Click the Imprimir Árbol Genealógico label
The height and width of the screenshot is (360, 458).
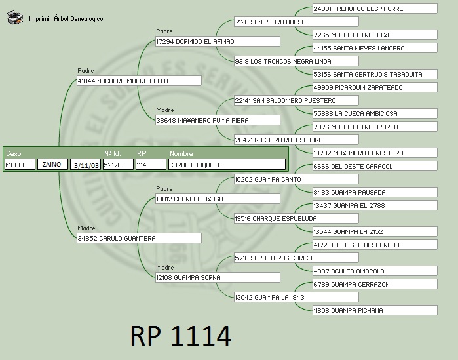click(66, 19)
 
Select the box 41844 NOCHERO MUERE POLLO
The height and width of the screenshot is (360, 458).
click(138, 81)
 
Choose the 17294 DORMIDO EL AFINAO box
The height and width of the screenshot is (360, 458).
click(217, 42)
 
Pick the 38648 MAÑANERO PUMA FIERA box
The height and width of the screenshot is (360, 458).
click(217, 121)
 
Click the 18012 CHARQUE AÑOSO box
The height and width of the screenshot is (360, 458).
click(217, 199)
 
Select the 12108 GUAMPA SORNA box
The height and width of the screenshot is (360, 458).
click(217, 278)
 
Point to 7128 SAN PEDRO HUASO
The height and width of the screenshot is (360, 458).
click(296, 22)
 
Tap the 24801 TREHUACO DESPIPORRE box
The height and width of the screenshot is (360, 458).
click(374, 9)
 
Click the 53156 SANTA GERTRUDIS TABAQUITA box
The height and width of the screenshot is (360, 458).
click(374, 75)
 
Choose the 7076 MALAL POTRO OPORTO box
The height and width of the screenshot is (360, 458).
click(374, 127)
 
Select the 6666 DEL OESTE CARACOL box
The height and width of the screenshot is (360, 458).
click(374, 167)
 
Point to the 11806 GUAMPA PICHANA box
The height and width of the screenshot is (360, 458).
click(374, 311)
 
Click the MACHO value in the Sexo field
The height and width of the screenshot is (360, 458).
click(20, 165)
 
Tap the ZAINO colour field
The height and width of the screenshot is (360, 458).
click(52, 165)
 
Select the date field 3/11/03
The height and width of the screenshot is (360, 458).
click(86, 165)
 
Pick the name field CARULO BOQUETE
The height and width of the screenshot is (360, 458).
click(227, 165)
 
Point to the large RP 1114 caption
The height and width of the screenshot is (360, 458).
click(181, 336)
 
